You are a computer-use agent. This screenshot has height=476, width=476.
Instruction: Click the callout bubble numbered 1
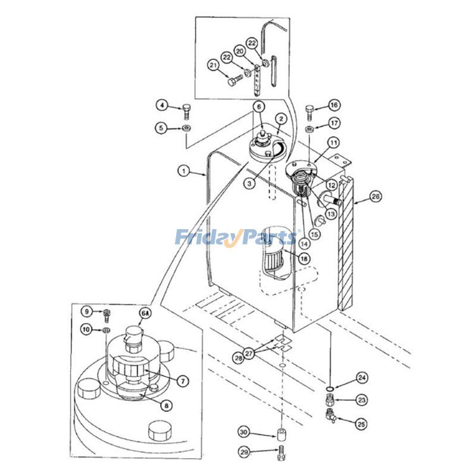[x=184, y=171]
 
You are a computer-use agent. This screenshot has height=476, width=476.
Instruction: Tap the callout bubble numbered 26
[x=375, y=197]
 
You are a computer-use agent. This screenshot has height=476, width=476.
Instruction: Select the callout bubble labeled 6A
[x=145, y=312]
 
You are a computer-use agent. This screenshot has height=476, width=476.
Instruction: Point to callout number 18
[x=304, y=258]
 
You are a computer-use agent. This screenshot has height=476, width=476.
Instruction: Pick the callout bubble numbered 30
[x=243, y=431]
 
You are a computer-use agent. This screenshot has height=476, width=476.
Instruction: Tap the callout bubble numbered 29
[x=243, y=452]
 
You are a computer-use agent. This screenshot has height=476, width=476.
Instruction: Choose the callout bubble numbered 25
[x=361, y=424]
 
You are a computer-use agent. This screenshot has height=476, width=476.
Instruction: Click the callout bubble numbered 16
[x=334, y=105]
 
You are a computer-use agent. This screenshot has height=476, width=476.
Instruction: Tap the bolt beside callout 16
[x=309, y=111]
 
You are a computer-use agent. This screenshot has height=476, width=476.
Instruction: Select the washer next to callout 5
[x=187, y=129]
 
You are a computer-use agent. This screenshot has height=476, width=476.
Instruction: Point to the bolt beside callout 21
[x=234, y=77]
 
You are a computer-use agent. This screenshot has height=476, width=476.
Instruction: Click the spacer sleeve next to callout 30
[x=280, y=433]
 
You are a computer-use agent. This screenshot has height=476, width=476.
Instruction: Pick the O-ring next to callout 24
[x=329, y=389]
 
